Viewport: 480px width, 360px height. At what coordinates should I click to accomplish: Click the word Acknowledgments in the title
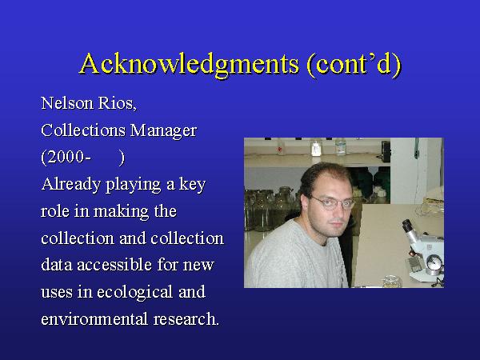pyautogui.click(x=190, y=64)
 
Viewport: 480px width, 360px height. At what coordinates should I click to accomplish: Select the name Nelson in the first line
pyautogui.click(x=67, y=103)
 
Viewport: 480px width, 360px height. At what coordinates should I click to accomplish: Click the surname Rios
pyautogui.click(x=118, y=103)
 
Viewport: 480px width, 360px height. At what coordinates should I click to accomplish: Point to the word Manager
pyautogui.click(x=163, y=131)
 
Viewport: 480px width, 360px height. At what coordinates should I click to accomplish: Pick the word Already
pyautogui.click(x=71, y=185)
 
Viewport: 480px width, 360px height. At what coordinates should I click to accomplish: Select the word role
pyautogui.click(x=54, y=211)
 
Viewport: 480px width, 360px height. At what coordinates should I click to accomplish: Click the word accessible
pyautogui.click(x=114, y=265)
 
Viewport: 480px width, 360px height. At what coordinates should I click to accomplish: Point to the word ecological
pyautogui.click(x=134, y=292)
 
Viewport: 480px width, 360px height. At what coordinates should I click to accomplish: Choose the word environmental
pyautogui.click(x=94, y=319)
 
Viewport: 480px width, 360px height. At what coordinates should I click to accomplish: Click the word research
pyautogui.click(x=186, y=319)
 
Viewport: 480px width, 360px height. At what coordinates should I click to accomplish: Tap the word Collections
pyautogui.click(x=83, y=130)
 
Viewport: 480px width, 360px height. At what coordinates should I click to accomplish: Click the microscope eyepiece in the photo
pyautogui.click(x=408, y=226)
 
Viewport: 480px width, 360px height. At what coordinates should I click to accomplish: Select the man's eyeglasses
pyautogui.click(x=332, y=203)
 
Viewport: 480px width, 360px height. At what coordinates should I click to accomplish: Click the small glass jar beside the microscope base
pyautogui.click(x=393, y=282)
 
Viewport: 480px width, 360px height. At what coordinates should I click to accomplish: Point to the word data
pyautogui.click(x=57, y=265)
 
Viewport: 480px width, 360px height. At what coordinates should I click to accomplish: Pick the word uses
pyautogui.click(x=57, y=292)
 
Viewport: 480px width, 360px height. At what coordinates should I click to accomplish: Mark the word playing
pyautogui.click(x=133, y=185)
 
